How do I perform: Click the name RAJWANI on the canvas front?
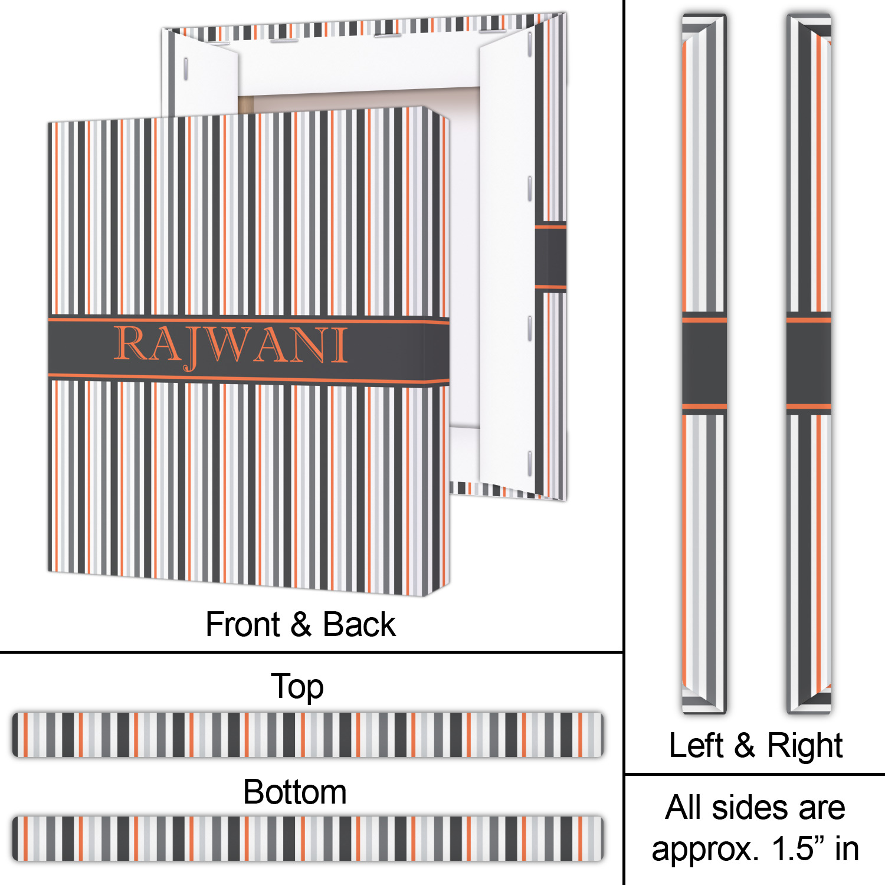(x=230, y=345)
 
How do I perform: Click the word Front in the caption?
(x=242, y=624)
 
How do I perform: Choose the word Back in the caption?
(x=359, y=624)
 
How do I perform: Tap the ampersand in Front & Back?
(x=301, y=624)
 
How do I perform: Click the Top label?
(x=297, y=687)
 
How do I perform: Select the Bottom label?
(x=295, y=792)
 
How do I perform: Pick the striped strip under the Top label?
(x=308, y=735)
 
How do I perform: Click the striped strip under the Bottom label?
(x=308, y=838)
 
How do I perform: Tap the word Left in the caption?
(x=696, y=745)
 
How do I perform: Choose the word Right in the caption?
(x=805, y=746)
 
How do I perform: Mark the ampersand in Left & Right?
(x=745, y=745)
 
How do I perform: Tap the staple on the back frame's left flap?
(x=186, y=69)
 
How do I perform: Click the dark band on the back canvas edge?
(x=550, y=257)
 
